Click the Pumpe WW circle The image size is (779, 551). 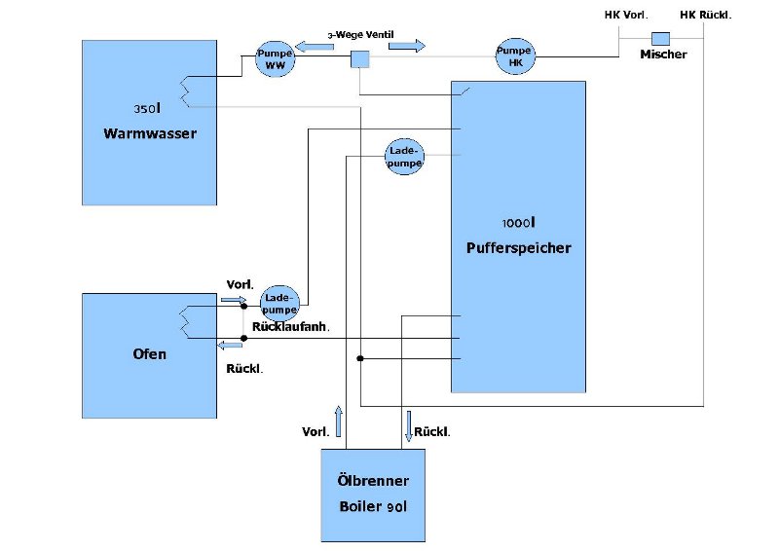[x=274, y=58]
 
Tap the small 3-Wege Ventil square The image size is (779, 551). [x=360, y=59]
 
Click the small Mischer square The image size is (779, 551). [x=661, y=38]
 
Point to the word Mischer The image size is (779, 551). [x=663, y=55]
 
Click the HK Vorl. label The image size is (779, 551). [x=626, y=15]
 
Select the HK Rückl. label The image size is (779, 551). [x=705, y=15]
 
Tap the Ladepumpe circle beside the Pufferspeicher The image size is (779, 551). [x=404, y=157]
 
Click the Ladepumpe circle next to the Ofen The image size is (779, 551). [x=280, y=302]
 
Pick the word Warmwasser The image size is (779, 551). [x=150, y=133]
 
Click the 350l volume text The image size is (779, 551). [x=147, y=106]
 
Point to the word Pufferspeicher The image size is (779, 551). [x=518, y=247]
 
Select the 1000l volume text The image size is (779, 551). [x=518, y=222]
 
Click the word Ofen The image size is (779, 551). [x=149, y=353]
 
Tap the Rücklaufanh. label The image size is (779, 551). [x=290, y=328]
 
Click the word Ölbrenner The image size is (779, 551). [x=374, y=481]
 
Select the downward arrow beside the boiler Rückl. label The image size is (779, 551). [x=408, y=426]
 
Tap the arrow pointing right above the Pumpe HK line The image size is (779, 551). [x=406, y=45]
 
